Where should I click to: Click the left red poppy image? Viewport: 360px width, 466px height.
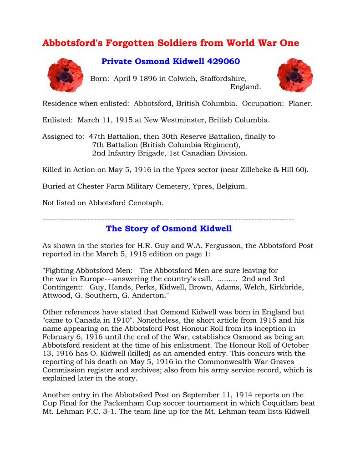(x=65, y=76)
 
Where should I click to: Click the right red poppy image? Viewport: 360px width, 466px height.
(x=294, y=76)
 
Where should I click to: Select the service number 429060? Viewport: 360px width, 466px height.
(x=223, y=61)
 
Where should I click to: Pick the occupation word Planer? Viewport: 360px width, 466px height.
(x=300, y=103)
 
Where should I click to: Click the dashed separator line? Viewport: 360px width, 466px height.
(x=168, y=220)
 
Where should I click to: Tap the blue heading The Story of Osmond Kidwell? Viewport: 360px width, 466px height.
(x=168, y=228)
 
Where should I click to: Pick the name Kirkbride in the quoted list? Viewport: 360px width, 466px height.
(x=287, y=288)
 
